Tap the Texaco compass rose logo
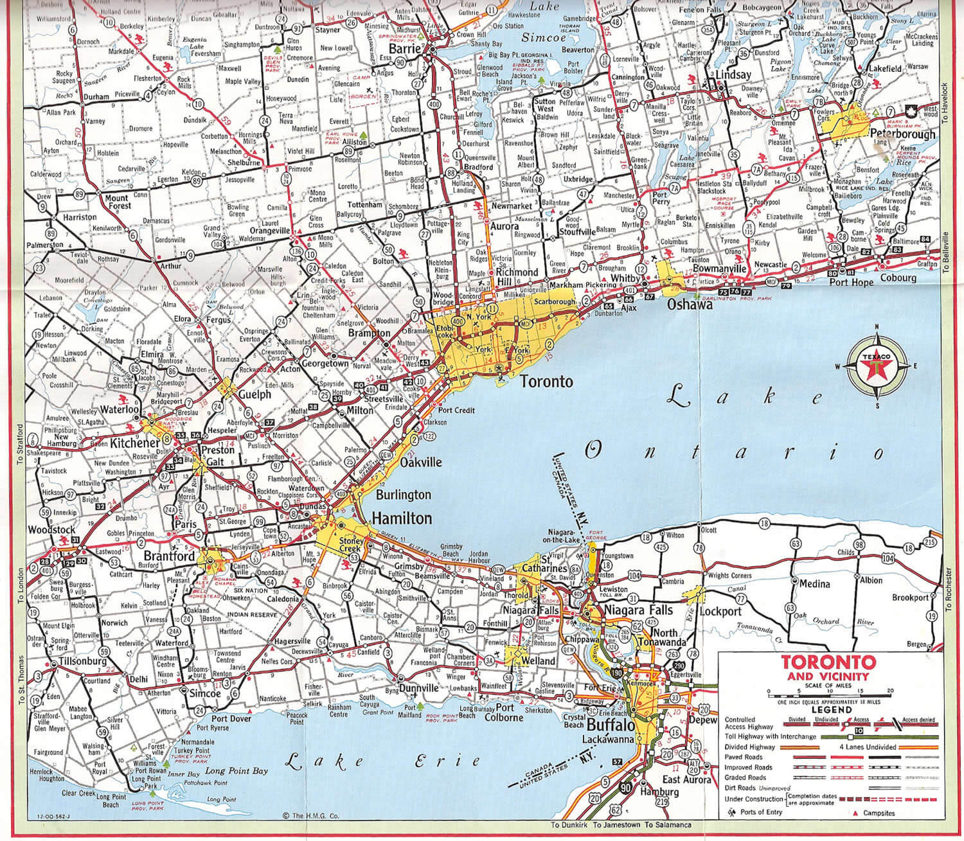pyautogui.click(x=877, y=367)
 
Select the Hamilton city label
pyautogui.click(x=402, y=518)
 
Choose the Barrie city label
pyautogui.click(x=408, y=49)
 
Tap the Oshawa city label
pyautogui.click(x=690, y=305)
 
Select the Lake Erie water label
pyautogui.click(x=382, y=763)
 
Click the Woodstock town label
pyautogui.click(x=51, y=530)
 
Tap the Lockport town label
pyautogui.click(x=720, y=612)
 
